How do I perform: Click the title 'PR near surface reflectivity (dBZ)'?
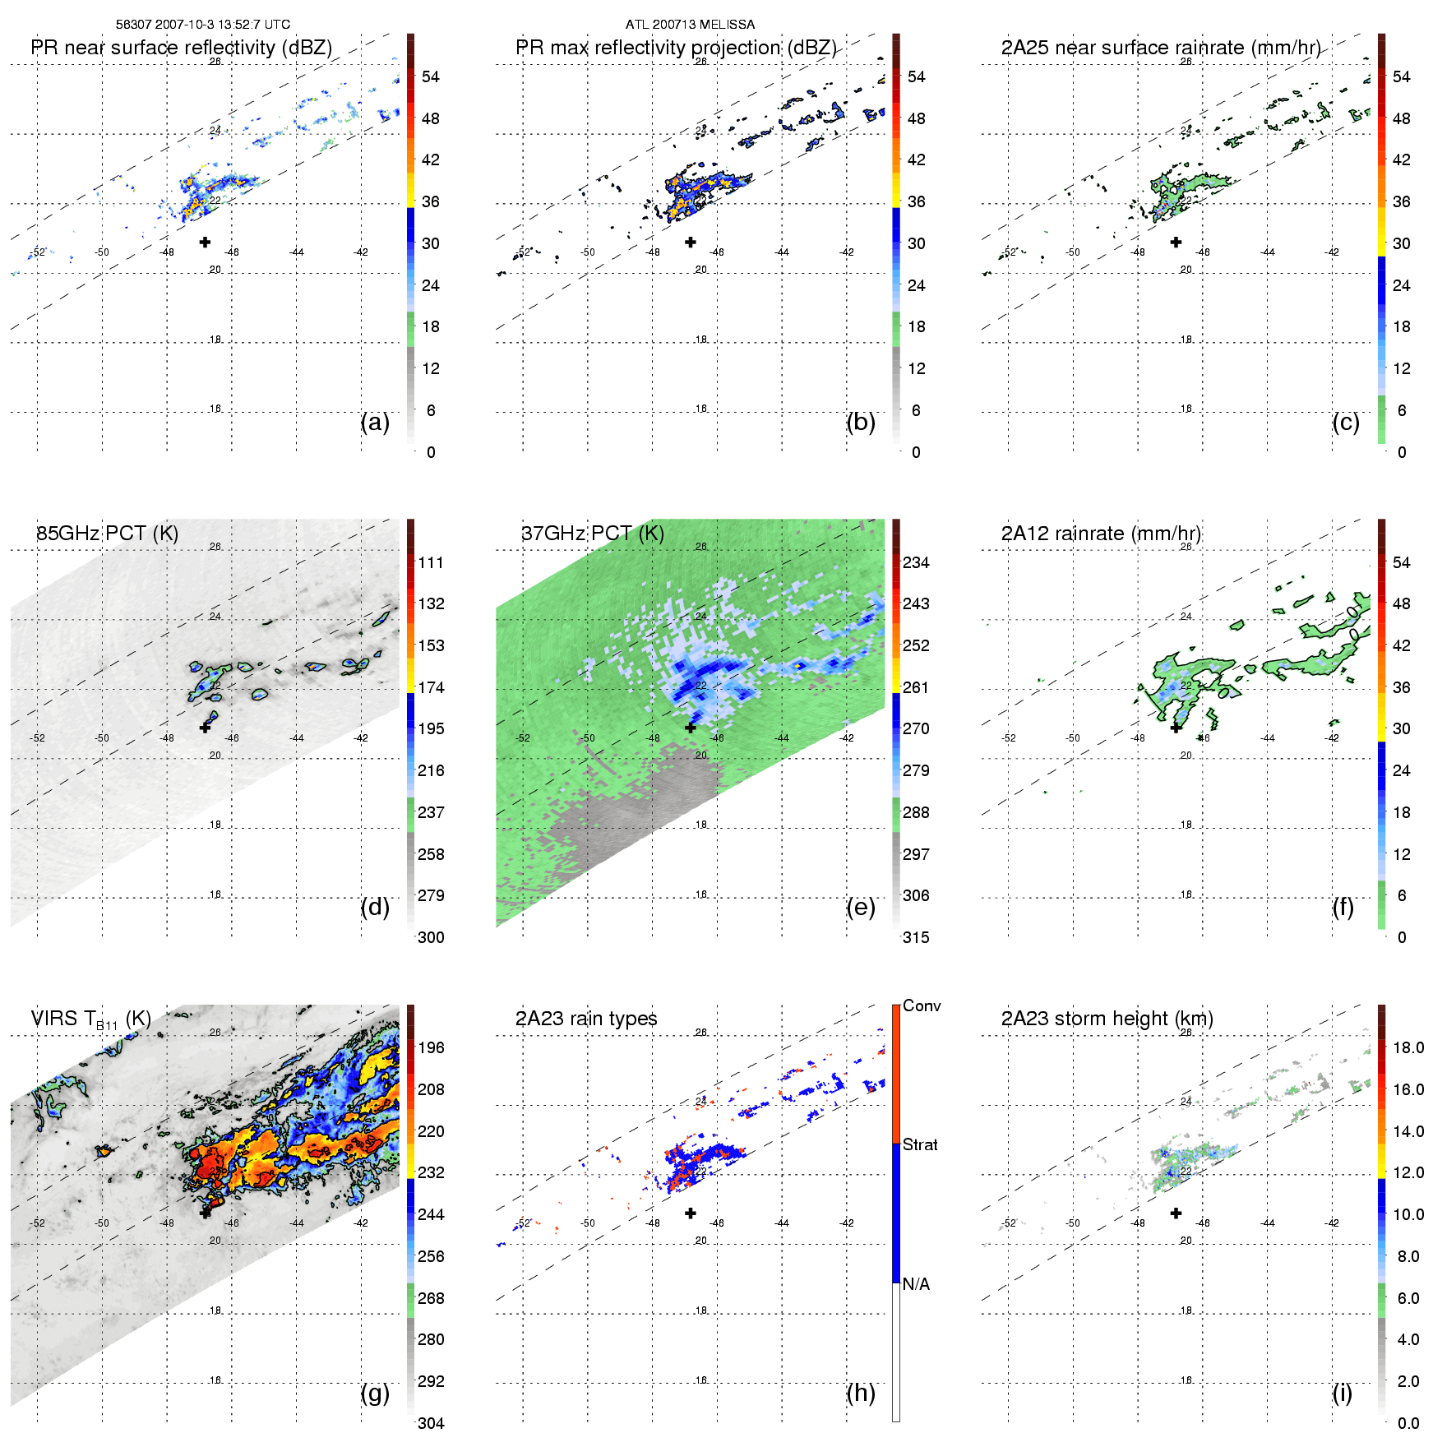[181, 48]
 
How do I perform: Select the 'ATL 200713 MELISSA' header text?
[690, 25]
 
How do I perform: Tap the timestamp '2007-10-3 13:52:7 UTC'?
[221, 25]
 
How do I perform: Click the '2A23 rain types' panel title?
[586, 1019]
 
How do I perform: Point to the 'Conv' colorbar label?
[922, 1006]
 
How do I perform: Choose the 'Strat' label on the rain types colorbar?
[920, 1144]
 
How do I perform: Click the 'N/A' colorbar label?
[916, 1284]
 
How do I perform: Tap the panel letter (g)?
[375, 1393]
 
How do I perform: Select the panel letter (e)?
[861, 907]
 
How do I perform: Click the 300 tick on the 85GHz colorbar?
[431, 937]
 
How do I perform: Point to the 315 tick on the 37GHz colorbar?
[916, 937]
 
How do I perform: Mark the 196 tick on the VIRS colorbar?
[431, 1047]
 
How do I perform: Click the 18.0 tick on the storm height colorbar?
[1408, 1047]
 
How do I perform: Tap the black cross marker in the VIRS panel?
[206, 1213]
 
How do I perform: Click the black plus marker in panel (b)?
[691, 242]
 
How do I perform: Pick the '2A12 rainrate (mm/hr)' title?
[1101, 534]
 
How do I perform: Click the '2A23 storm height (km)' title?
[1107, 1019]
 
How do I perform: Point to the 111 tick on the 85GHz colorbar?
[431, 562]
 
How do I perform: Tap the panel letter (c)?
[1346, 422]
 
